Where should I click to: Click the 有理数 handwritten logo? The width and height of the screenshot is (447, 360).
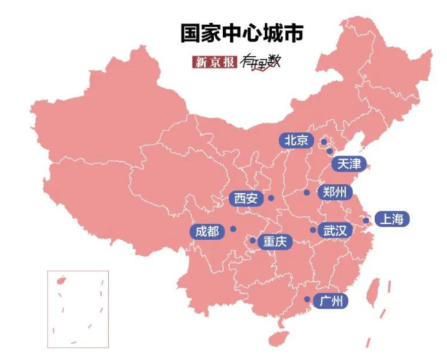(x=259, y=62)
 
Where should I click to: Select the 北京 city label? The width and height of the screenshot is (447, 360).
(x=296, y=140)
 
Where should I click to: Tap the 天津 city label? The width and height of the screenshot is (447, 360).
(x=349, y=164)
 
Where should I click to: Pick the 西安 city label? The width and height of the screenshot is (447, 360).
(x=246, y=199)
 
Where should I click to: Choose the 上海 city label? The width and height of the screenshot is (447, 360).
(x=391, y=219)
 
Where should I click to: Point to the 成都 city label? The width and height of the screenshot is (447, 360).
(x=207, y=231)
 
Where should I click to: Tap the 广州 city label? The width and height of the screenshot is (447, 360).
(x=331, y=301)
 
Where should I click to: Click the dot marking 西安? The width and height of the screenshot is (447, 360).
(x=271, y=198)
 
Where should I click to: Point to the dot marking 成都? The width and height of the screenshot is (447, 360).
(x=233, y=229)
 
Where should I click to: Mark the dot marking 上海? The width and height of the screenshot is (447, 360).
(x=365, y=220)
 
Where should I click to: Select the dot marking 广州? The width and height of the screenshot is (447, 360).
(x=308, y=300)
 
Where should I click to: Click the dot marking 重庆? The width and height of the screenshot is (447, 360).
(x=252, y=241)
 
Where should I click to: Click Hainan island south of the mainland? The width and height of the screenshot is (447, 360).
(x=278, y=338)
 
